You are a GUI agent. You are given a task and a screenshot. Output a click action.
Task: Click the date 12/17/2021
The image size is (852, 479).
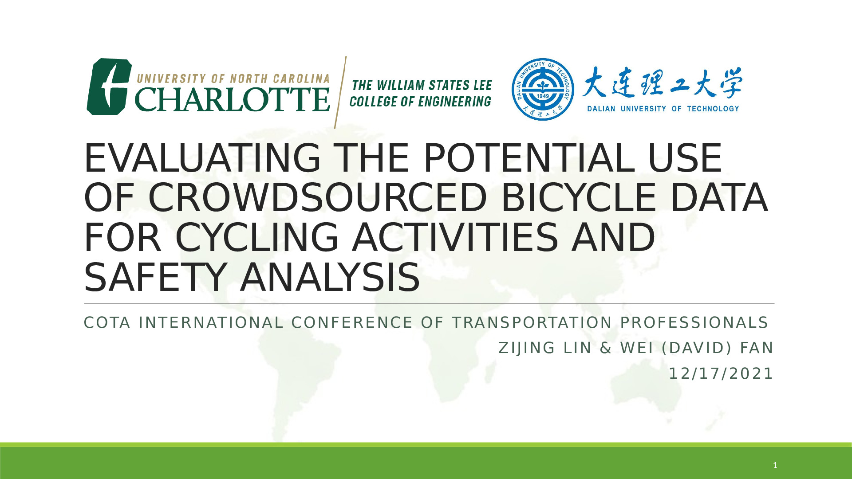point(721,373)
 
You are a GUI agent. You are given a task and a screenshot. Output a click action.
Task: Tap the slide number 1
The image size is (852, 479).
point(775,465)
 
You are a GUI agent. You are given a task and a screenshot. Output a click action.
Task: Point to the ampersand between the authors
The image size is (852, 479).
point(606,348)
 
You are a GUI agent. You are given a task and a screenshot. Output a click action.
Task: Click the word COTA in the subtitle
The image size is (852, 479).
point(107,323)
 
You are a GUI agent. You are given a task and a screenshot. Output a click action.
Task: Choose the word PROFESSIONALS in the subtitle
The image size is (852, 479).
point(694,323)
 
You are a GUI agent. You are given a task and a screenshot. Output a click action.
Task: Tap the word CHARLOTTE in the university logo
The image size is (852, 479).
point(233,99)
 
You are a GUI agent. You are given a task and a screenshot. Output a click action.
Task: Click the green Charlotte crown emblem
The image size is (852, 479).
point(109,87)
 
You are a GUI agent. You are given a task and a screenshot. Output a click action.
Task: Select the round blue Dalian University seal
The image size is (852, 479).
point(543,89)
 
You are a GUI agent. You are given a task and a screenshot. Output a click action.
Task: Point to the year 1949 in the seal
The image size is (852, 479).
point(543,96)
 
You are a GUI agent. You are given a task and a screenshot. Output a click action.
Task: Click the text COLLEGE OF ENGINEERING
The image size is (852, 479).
point(420,102)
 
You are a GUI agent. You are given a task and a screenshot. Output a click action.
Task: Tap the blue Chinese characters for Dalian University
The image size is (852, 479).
point(662,83)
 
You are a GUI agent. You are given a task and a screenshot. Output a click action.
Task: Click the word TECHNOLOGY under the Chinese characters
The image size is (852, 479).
point(713,109)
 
